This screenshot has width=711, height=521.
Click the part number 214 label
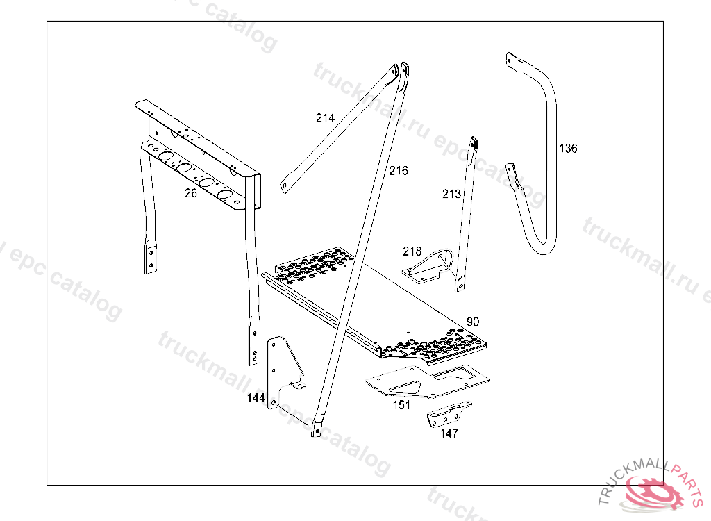(325, 118)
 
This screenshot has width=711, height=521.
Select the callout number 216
(399, 170)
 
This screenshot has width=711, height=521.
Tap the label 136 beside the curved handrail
(568, 148)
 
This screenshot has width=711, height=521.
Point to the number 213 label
(451, 194)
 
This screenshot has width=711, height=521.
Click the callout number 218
(412, 251)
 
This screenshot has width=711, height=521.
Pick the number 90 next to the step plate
(473, 322)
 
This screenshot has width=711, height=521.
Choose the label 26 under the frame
(191, 193)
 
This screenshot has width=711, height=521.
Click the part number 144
(256, 398)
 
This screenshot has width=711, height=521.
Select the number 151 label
(401, 405)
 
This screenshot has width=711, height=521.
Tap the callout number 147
(449, 433)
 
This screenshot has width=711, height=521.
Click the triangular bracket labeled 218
(430, 267)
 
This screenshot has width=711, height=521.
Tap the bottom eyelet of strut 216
(317, 431)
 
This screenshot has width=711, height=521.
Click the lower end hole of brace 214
(284, 185)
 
